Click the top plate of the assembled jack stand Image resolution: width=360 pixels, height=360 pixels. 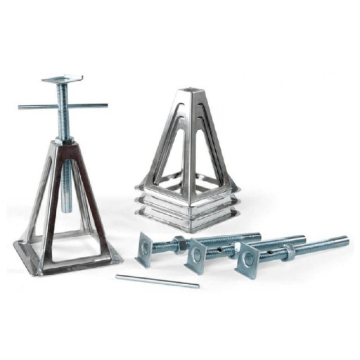[62, 80]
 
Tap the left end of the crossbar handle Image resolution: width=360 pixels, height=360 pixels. [21, 107]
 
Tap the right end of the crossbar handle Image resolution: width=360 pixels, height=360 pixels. [105, 105]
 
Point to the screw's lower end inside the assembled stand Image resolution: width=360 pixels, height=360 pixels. [67, 207]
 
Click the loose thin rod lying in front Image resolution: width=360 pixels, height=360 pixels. [157, 281]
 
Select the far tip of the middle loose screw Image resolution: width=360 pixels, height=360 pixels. [302, 237]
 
